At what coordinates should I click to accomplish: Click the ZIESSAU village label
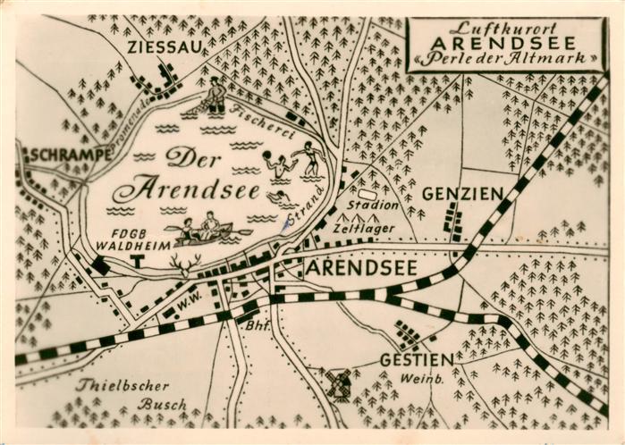coord(165,46)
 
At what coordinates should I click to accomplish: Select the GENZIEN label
coord(462,193)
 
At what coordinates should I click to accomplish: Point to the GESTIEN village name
coord(417,359)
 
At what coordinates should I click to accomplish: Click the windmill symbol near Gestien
coord(339,383)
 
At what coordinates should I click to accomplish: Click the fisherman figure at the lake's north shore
coord(214,96)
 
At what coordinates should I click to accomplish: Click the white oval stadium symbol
coord(367,194)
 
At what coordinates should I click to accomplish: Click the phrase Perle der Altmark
coord(504,59)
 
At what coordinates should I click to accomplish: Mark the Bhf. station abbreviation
coord(257,325)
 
